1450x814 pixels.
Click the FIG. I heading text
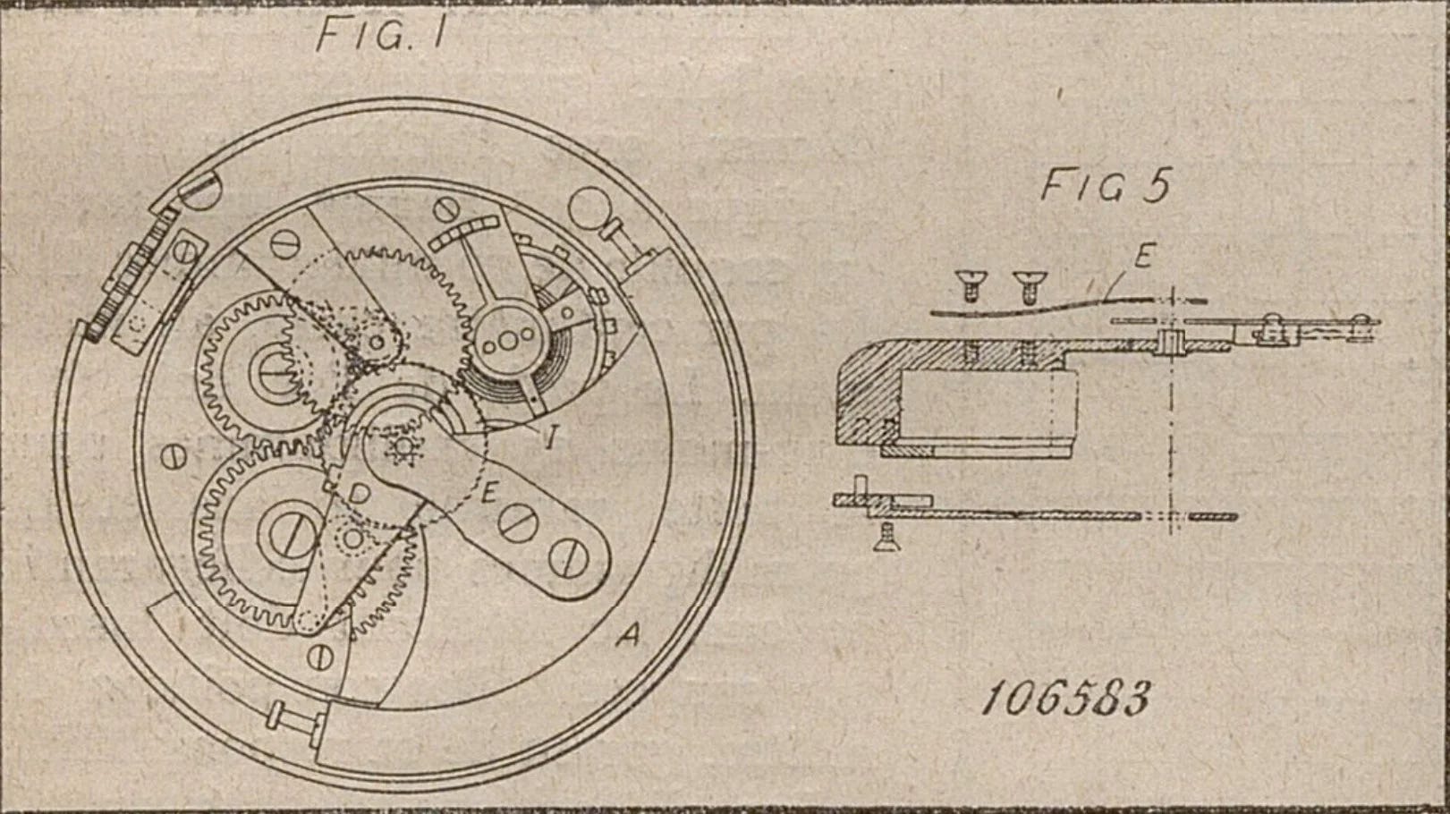[380, 36]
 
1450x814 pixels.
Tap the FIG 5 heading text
[1105, 186]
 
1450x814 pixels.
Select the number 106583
[1064, 699]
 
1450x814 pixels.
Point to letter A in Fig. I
[630, 636]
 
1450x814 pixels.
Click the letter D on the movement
[359, 494]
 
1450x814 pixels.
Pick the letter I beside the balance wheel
[553, 437]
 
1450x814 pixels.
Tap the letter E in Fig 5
[1142, 257]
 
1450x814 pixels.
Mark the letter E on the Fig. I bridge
[489, 493]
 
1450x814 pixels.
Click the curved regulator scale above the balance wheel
[467, 232]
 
